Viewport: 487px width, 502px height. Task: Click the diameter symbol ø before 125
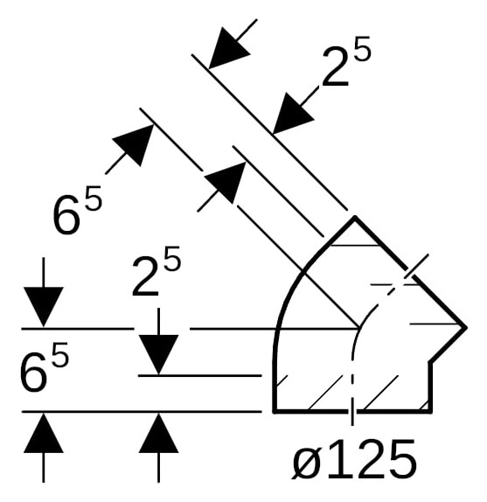pyautogui.click(x=306, y=461)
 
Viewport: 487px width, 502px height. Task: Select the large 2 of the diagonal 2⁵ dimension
pyautogui.click(x=335, y=67)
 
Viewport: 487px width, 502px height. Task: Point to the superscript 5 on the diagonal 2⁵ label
pyautogui.click(x=362, y=48)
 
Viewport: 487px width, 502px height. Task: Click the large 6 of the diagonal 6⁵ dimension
pyautogui.click(x=66, y=215)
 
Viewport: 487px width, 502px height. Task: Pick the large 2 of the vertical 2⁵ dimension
pyautogui.click(x=145, y=277)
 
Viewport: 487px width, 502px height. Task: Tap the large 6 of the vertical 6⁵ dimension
pyautogui.click(x=33, y=372)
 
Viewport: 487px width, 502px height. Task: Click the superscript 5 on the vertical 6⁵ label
pyautogui.click(x=59, y=354)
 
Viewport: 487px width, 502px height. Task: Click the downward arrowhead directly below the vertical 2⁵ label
pyautogui.click(x=158, y=355)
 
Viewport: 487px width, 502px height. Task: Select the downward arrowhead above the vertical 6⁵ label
pyautogui.click(x=44, y=307)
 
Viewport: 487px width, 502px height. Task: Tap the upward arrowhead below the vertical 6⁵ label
pyautogui.click(x=44, y=433)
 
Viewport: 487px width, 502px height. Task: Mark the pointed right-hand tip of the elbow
pyautogui.click(x=465, y=327)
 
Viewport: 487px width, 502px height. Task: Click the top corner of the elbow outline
pyautogui.click(x=354, y=218)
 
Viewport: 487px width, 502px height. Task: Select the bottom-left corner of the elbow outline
pyautogui.click(x=275, y=411)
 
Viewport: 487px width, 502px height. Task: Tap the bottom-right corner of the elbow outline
pyautogui.click(x=431, y=411)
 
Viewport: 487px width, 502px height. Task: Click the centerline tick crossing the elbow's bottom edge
pyautogui.click(x=352, y=412)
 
